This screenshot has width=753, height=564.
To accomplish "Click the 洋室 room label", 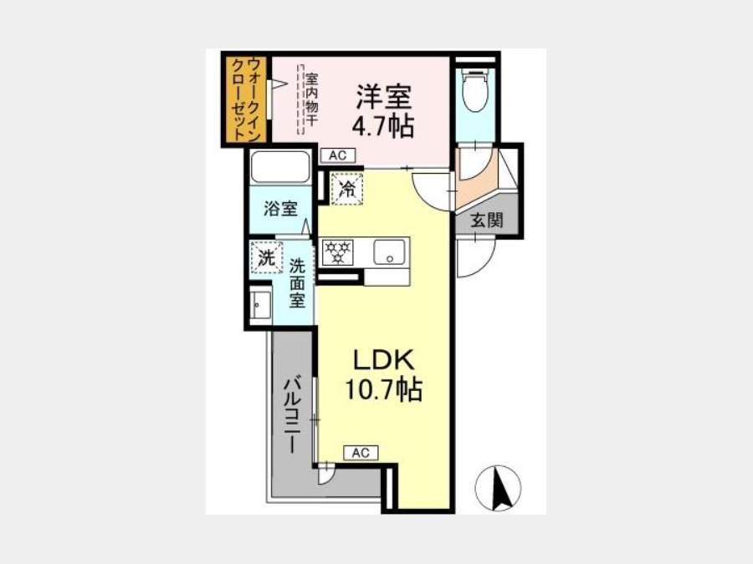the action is click(383, 97).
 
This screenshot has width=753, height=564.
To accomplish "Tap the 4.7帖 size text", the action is click(383, 127).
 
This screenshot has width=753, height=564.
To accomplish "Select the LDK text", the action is click(384, 359).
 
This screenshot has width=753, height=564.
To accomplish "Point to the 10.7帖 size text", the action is click(384, 389).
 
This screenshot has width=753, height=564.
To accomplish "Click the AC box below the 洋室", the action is click(338, 155).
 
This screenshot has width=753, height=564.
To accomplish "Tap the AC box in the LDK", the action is click(361, 453).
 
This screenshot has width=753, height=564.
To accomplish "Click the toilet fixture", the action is click(474, 89).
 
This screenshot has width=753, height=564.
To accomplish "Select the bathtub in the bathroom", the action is click(280, 166).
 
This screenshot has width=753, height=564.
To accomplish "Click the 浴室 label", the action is click(280, 209).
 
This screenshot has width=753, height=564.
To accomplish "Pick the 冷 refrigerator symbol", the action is click(346, 189).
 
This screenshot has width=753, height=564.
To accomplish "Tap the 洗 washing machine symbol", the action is click(267, 257).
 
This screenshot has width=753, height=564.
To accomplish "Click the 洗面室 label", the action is click(297, 283).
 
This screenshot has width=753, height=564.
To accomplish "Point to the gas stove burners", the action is click(338, 252).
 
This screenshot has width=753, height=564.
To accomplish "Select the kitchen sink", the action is click(389, 252).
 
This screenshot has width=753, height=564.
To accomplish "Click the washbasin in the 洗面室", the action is click(261, 304).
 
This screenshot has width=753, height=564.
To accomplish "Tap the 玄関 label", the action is click(487, 220).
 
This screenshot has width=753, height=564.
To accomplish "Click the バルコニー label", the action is click(293, 415).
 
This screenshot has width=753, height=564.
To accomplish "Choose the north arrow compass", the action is click(498, 488).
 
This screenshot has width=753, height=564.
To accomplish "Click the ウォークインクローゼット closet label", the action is click(247, 99).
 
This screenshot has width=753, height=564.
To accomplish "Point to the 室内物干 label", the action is click(312, 99).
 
